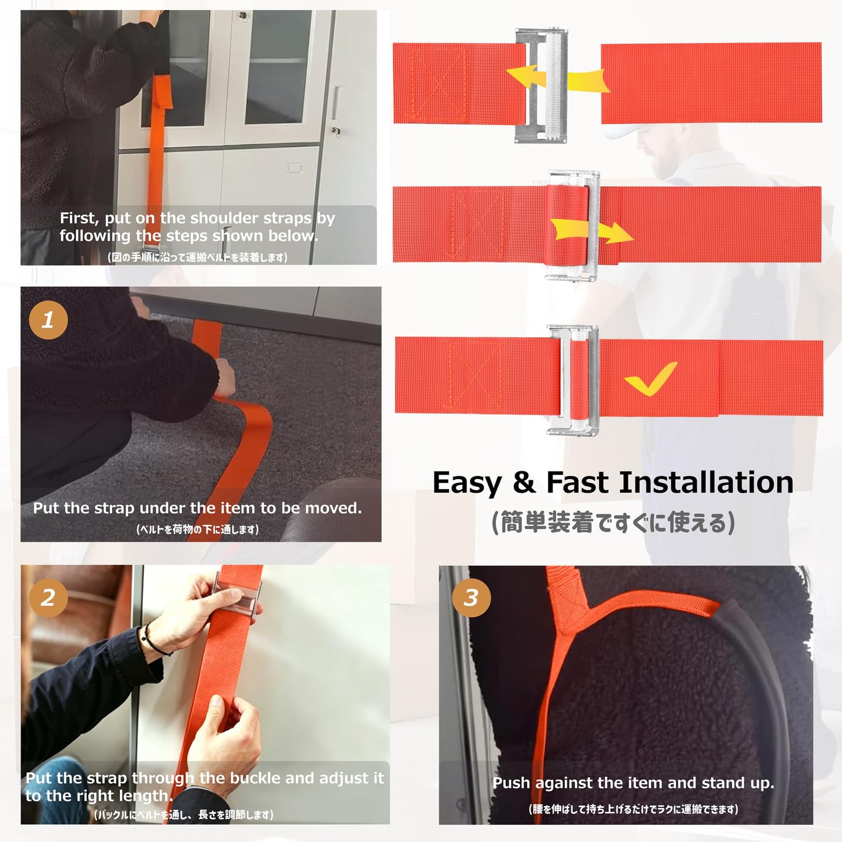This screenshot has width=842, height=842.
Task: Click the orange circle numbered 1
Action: point(48,320)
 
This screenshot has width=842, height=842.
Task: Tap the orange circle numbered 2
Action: point(48,597)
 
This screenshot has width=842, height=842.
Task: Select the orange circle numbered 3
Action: point(471,597)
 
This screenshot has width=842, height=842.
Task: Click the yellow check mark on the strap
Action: point(650,378)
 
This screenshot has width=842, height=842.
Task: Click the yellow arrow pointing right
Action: point(592,231)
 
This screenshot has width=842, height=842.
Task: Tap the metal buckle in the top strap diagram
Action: point(541,85)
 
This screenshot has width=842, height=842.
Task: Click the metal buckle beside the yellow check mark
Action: point(573,380)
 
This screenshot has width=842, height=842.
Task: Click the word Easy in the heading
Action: point(467,483)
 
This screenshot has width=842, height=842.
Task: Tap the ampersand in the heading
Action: point(524,483)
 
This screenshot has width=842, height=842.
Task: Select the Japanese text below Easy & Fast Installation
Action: point(613,523)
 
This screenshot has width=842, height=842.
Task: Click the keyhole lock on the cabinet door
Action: point(336,130)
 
